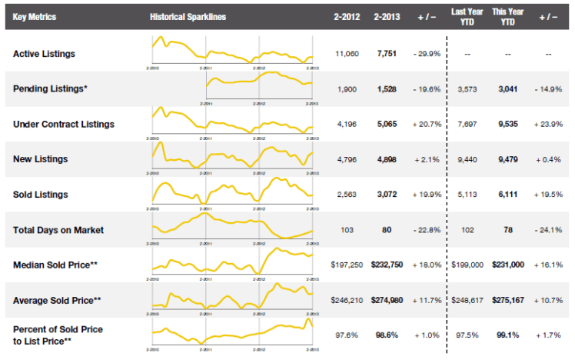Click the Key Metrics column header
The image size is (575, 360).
pyautogui.click(x=35, y=16)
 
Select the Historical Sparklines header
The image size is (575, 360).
pyautogui.click(x=188, y=16)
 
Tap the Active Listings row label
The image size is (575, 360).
pyautogui.click(x=45, y=54)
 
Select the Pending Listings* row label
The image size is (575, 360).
pyautogui.click(x=50, y=89)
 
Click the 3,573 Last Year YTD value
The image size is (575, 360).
pyautogui.click(x=467, y=89)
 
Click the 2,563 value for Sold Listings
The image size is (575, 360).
pyautogui.click(x=348, y=195)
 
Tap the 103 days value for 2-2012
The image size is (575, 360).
pyautogui.click(x=348, y=229)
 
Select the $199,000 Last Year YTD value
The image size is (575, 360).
pyautogui.click(x=467, y=264)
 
